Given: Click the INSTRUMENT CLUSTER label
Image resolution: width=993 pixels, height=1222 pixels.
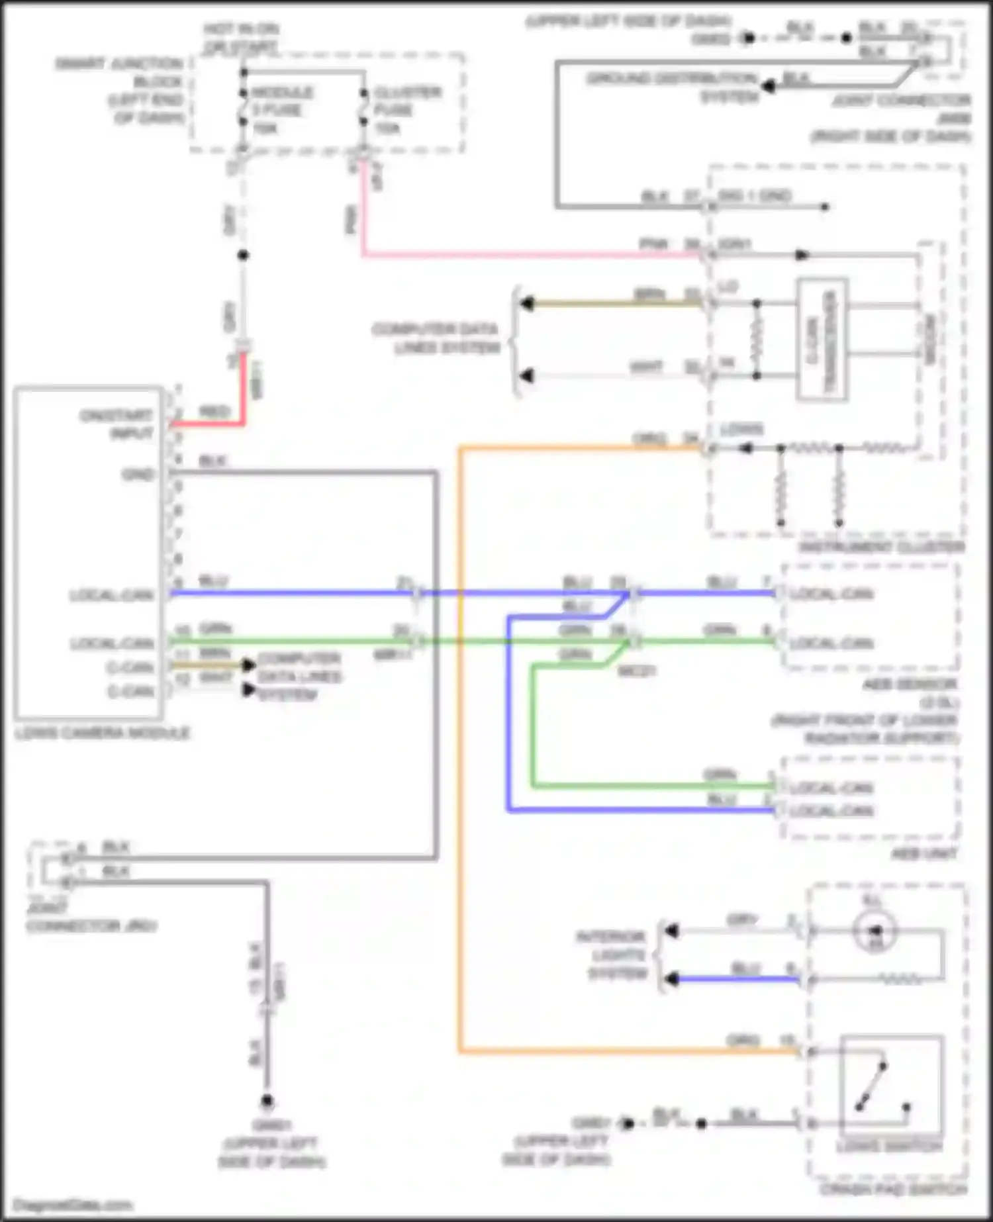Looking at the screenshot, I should tap(880, 547).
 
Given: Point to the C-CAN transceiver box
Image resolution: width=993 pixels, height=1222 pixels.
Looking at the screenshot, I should tap(822, 340).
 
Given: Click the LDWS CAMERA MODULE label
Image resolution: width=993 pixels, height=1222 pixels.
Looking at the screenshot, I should tap(103, 733).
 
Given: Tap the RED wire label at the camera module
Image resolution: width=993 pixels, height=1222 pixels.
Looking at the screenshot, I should tap(213, 412).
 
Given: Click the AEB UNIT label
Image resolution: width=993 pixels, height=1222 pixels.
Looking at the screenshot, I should tap(923, 854).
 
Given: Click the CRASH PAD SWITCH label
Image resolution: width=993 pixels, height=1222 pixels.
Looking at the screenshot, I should tap(894, 1190).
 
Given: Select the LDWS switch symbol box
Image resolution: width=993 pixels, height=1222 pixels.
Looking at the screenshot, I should tap(891, 1086).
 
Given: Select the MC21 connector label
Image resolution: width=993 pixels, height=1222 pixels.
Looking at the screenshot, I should tap(636, 671).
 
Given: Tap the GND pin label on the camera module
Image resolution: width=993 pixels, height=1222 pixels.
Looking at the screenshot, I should tap(138, 475).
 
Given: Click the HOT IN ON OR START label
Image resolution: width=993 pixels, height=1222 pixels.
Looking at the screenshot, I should tap(240, 38).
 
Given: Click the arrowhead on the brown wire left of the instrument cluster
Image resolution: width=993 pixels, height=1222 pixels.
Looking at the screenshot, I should tap(527, 304).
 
